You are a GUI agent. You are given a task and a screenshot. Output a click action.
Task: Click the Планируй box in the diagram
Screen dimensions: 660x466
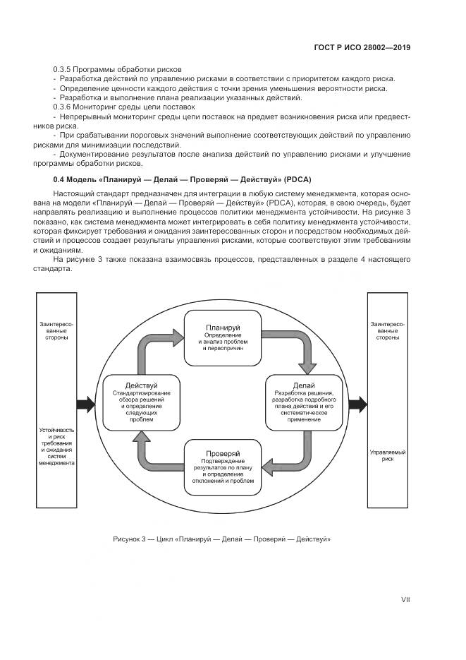point(223,337)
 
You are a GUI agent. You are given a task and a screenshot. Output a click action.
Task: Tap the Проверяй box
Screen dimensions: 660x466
point(223,467)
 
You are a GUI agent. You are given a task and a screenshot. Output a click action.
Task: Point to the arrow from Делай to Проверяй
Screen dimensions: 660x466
point(296,459)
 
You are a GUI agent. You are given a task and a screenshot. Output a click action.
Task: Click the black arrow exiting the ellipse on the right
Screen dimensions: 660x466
point(357,404)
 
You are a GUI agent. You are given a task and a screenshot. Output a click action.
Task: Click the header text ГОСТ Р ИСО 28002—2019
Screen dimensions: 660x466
point(362,48)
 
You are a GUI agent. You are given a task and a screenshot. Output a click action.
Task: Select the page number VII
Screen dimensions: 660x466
point(405,600)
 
